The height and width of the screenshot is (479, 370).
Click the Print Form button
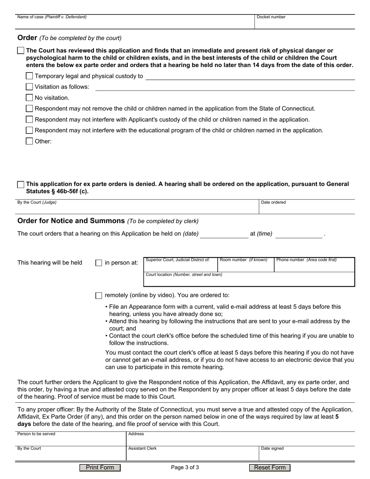(x=100, y=468)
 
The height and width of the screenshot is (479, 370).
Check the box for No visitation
(x=29, y=98)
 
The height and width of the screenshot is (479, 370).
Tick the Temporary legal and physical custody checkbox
(x=29, y=76)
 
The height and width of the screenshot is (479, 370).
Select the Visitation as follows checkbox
(x=29, y=87)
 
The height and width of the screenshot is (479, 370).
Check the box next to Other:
(x=29, y=141)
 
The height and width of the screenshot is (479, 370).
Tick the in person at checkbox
(x=99, y=263)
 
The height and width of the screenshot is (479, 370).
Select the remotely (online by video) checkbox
(x=99, y=296)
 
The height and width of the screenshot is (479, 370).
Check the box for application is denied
(x=21, y=185)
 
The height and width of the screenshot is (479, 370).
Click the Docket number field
(x=304, y=23)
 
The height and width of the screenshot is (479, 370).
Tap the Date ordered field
(x=307, y=209)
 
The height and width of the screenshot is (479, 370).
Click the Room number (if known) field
(x=245, y=266)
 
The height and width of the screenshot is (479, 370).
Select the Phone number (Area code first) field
(x=314, y=266)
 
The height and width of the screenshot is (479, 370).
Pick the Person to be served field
(x=70, y=440)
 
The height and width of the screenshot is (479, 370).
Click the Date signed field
(x=307, y=455)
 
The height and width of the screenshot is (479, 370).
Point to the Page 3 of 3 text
(x=185, y=468)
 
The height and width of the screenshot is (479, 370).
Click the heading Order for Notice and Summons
(x=71, y=221)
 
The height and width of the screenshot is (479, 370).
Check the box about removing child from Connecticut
(x=29, y=109)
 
